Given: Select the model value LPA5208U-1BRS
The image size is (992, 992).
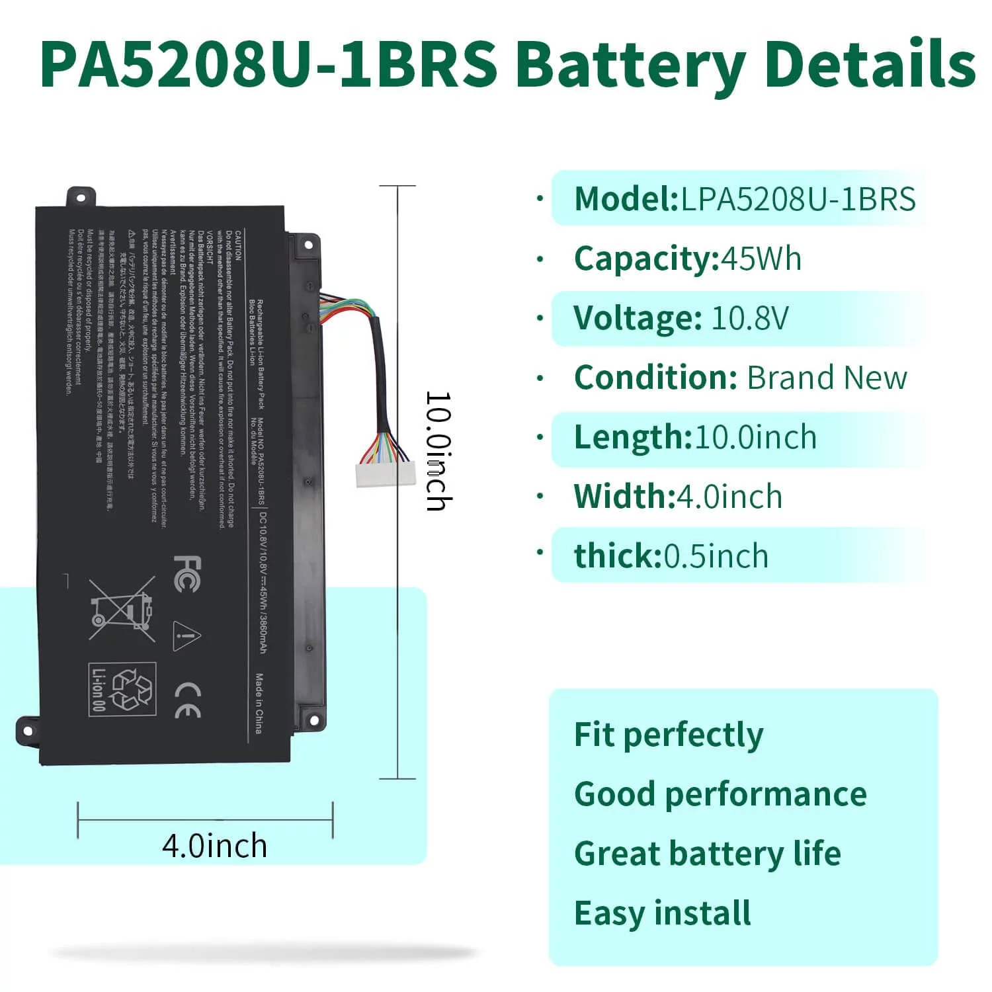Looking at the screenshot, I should pos(798,199).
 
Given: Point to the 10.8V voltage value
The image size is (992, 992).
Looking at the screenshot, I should pos(750,318).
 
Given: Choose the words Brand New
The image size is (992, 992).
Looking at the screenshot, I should pos(827,378).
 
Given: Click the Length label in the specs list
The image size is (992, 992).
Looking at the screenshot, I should pos(632,437).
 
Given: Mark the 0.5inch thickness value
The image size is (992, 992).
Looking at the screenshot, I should pos(716,556).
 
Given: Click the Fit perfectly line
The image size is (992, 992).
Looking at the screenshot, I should pos(669,735).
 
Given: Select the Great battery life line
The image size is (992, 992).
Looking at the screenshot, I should pos(707,854).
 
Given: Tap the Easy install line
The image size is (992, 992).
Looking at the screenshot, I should pos(662,913).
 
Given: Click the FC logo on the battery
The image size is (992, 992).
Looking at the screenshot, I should pos(187,573).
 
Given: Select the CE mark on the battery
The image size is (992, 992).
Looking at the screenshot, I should pos(188,700).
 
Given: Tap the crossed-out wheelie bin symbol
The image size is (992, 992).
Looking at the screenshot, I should pos(122,610).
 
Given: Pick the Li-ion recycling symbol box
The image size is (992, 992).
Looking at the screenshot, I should pos(122,689).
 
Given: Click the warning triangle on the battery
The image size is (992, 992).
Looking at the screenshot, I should pos(186,636).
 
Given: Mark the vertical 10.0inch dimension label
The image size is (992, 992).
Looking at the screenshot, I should pos(438,451).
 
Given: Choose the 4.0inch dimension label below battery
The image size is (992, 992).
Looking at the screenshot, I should pos(214,846).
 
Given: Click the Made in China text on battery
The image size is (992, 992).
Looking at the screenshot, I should pos(259,704).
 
